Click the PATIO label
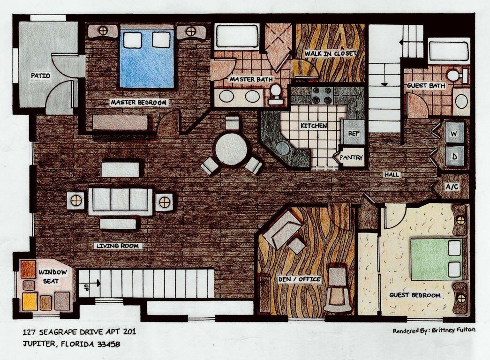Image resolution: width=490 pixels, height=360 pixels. (40, 75)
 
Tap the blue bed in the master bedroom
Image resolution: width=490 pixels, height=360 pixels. (146, 59)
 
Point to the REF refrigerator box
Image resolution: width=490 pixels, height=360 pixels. (354, 134)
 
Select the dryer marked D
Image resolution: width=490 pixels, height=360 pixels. (454, 156)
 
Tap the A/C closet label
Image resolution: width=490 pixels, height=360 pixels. (452, 187)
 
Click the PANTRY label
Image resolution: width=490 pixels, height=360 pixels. (352, 158)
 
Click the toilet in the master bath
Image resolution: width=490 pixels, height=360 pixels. (276, 93)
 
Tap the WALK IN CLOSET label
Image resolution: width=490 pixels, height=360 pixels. (331, 53)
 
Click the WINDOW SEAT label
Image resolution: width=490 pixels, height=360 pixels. (53, 276)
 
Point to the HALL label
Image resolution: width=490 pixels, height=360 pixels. (392, 175)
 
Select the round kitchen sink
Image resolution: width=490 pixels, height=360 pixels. (283, 148)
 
